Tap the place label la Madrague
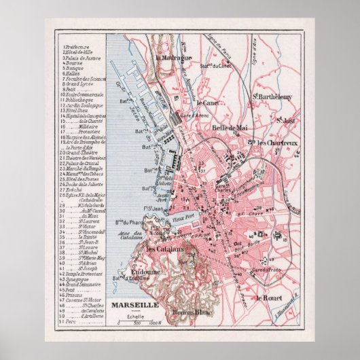(x=175, y=58)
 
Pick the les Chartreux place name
(x=275, y=143)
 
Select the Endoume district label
(x=143, y=272)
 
